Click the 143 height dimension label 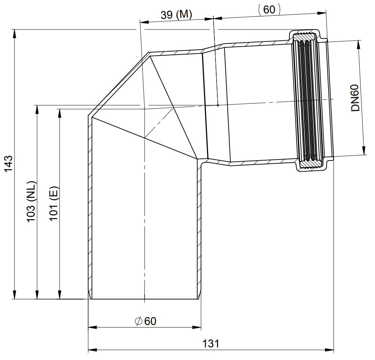(8, 164)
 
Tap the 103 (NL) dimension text (31, 202)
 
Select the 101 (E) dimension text (53, 204)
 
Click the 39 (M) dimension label (176, 15)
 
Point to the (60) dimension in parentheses (269, 10)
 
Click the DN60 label (356, 98)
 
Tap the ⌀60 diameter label (146, 321)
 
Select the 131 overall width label (211, 344)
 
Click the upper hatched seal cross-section (304, 37)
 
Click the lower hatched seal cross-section (311, 164)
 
